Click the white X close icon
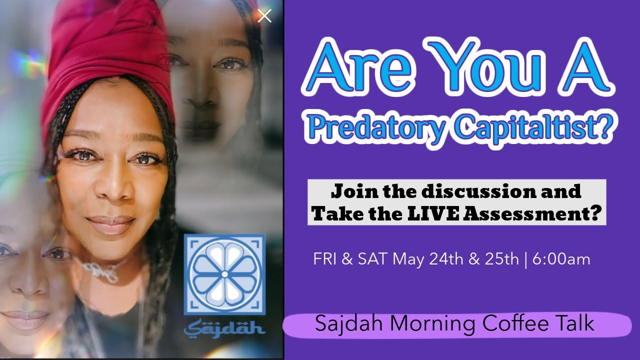click(264, 16)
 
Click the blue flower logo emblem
click(224, 274)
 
